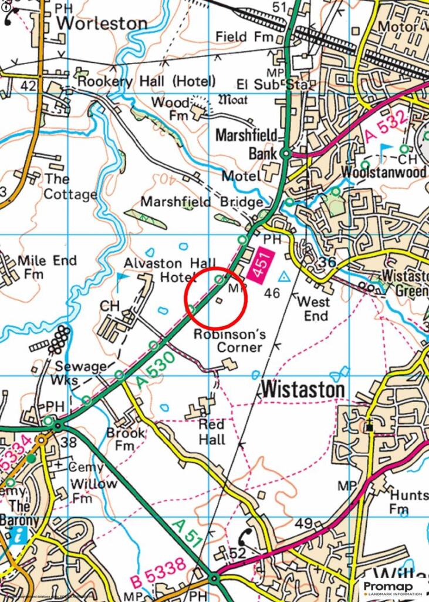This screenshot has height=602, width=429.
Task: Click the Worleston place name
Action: click(102, 24)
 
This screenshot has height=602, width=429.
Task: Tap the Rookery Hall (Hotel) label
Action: click(147, 81)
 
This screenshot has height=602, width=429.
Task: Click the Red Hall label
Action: click(212, 432)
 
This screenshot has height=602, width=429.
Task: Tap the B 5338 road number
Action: click(158, 573)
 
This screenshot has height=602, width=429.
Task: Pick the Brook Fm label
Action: click(126, 440)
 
